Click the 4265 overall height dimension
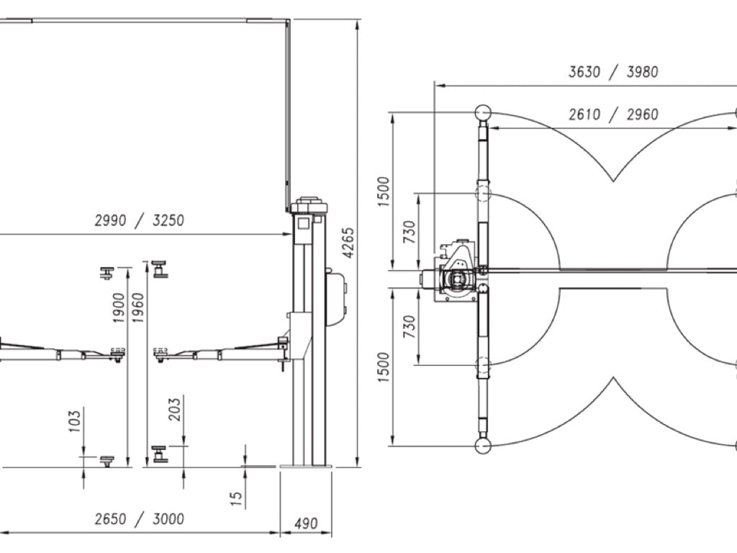pos(348,243)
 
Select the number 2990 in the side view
pos(110,220)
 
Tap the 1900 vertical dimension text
pos(119,308)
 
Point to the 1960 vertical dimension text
pos(137,308)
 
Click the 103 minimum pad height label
pos(74,421)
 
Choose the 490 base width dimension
pos(305,523)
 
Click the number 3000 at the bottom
pos(168,519)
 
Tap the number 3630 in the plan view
pos(584,72)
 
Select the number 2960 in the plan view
pos(642,114)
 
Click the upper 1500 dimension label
pos(384,192)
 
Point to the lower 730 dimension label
pos(410,326)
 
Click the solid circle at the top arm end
pos(483,113)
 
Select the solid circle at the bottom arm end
pos(483,446)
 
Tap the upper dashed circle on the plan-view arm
pos(483,193)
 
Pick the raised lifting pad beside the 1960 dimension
pos(160,269)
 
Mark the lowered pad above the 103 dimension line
pos(107,461)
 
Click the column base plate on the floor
pos(306,467)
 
